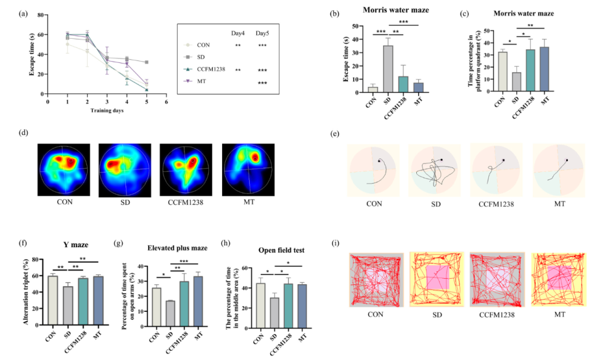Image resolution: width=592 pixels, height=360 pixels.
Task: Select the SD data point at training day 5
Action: [x=146, y=62]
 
